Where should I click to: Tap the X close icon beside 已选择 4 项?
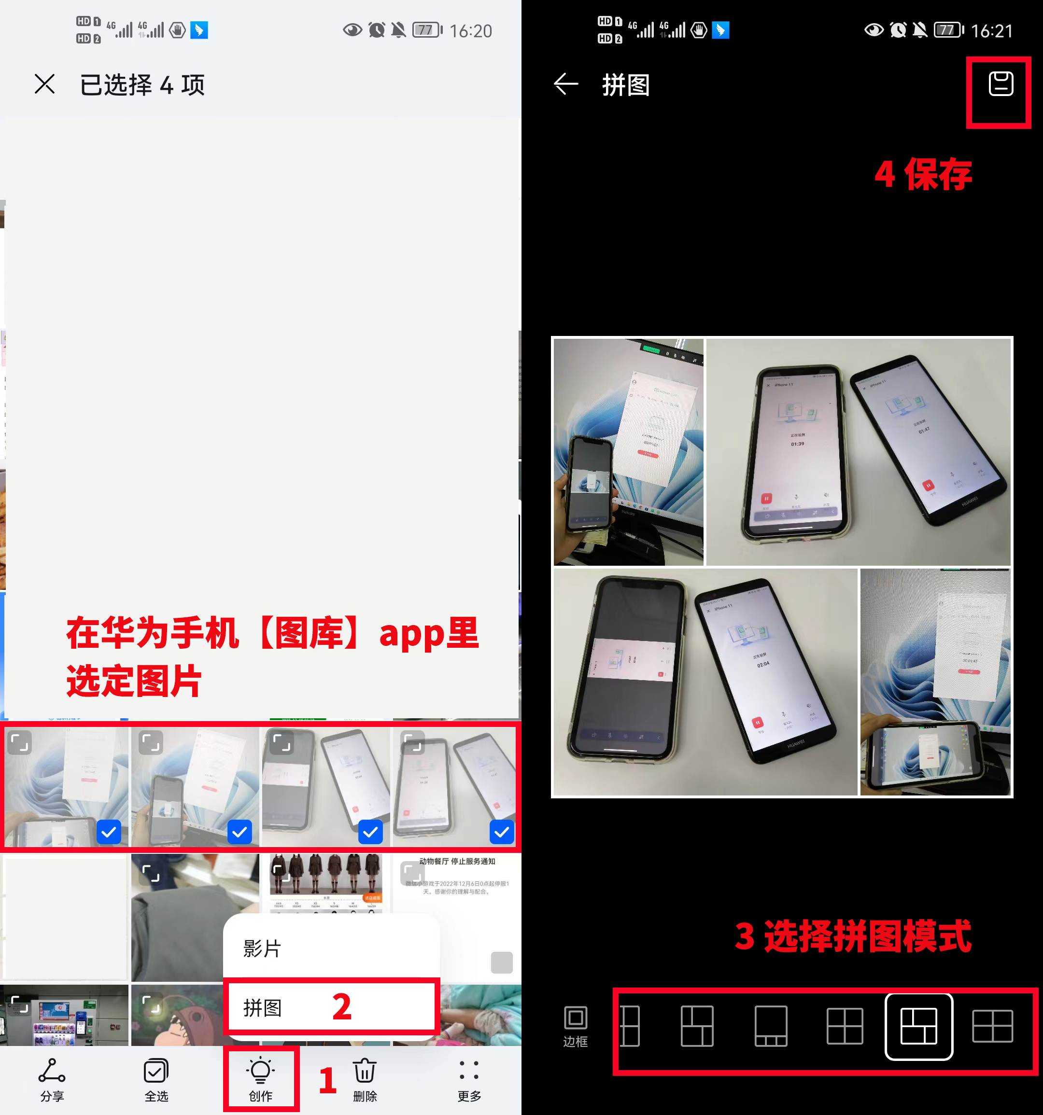point(45,84)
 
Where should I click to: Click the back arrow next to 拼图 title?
point(565,84)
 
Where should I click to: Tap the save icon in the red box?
point(1001,84)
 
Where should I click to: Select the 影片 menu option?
point(262,949)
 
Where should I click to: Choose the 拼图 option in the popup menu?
point(262,1008)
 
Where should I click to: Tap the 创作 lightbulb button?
point(260,1078)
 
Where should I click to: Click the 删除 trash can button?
point(365,1078)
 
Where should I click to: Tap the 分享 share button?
point(52,1078)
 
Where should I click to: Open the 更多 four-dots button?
point(469,1078)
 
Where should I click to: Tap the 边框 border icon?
point(575,1025)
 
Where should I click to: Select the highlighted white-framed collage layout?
point(918,1026)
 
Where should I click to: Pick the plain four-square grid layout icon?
point(845,1026)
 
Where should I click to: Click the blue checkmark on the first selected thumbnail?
point(109,832)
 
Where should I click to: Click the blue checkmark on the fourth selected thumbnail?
point(502,832)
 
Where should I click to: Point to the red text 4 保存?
point(923,174)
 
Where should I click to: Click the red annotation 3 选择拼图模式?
point(853,936)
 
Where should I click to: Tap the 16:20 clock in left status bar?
point(471,31)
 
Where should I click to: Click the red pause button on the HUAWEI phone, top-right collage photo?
point(928,485)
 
